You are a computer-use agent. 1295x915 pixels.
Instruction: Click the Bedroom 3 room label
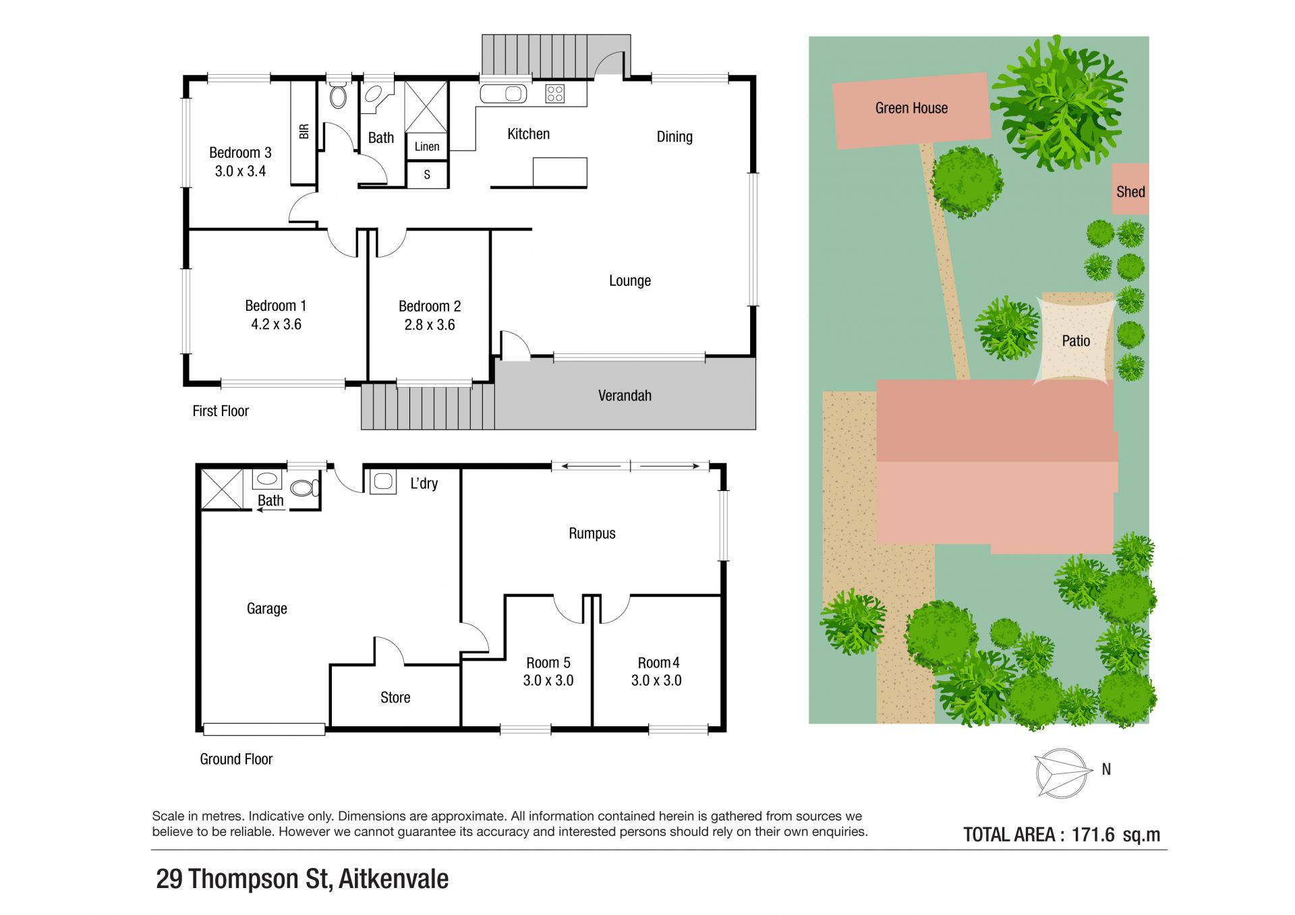click(240, 153)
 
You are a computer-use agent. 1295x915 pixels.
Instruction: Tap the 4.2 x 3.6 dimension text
click(276, 324)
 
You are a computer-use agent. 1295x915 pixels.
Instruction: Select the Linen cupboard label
click(427, 146)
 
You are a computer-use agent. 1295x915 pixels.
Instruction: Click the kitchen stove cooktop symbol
click(555, 93)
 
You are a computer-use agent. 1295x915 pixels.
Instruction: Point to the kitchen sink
click(504, 94)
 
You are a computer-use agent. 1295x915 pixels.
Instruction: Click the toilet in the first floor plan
click(338, 95)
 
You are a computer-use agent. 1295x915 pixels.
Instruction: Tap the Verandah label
click(625, 396)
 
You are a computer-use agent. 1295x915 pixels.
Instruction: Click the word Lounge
click(630, 281)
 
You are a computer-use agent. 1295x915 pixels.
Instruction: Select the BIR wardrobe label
click(304, 131)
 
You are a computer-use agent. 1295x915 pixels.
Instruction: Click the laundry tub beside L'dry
click(383, 481)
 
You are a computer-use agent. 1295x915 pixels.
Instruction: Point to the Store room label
click(395, 697)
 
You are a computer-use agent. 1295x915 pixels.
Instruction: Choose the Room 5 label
click(548, 663)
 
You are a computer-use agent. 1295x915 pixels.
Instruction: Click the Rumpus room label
click(592, 533)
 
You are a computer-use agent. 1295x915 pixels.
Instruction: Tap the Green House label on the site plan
click(911, 108)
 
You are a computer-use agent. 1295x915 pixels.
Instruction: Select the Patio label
click(1076, 341)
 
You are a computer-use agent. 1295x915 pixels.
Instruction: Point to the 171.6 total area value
click(1093, 835)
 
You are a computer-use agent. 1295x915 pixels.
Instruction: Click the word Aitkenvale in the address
click(393, 879)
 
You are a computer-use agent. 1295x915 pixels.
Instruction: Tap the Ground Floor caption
click(236, 759)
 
